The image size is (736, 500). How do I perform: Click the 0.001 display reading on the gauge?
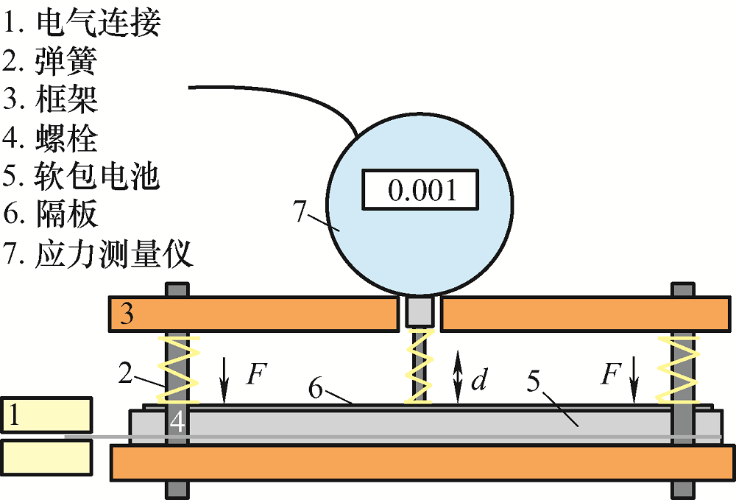click(x=422, y=190)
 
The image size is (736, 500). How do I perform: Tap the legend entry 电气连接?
click(x=99, y=22)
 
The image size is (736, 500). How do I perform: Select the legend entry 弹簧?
click(x=66, y=61)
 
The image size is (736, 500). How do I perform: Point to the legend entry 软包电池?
click(x=97, y=176)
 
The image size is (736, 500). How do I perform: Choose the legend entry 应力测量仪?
click(x=113, y=254)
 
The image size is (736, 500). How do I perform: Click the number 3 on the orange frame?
click(x=127, y=314)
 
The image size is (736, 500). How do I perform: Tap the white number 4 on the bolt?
click(x=177, y=422)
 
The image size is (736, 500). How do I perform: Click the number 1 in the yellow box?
click(x=15, y=415)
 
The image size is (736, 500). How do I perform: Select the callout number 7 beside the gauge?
click(x=299, y=210)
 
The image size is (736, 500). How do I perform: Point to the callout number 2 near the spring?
click(x=125, y=373)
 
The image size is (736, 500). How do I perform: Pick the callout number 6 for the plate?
click(x=316, y=389)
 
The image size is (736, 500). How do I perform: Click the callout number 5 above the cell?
click(x=533, y=381)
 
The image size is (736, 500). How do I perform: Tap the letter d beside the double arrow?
click(x=479, y=379)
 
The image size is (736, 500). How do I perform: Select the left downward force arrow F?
click(x=224, y=380)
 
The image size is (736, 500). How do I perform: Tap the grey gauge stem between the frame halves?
click(x=420, y=311)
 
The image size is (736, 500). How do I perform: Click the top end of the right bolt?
click(x=682, y=284)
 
